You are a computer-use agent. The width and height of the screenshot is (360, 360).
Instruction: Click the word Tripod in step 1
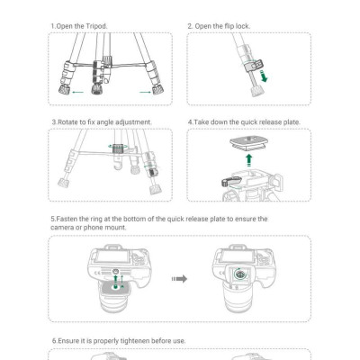(x=95, y=26)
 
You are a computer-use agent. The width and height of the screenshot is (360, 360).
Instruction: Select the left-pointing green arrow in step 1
(x=78, y=92)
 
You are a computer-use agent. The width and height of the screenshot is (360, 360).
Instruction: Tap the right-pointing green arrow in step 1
(x=145, y=92)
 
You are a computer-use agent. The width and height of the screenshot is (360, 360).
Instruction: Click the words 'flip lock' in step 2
(x=237, y=26)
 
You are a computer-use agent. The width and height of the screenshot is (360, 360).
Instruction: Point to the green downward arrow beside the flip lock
(x=264, y=76)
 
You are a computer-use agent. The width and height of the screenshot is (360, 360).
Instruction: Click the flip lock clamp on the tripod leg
(x=254, y=66)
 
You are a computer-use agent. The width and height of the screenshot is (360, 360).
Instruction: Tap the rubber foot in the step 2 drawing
(x=256, y=91)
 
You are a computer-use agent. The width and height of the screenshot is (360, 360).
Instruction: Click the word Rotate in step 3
(x=67, y=122)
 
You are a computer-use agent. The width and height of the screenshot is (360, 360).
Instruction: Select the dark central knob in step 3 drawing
(x=118, y=148)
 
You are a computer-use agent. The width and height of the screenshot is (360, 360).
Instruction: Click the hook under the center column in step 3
(x=119, y=164)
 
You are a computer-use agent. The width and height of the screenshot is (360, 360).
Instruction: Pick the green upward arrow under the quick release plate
(x=248, y=160)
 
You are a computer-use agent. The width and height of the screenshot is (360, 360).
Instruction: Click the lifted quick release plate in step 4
(x=248, y=144)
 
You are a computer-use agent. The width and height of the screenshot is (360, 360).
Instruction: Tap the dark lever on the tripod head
(x=231, y=181)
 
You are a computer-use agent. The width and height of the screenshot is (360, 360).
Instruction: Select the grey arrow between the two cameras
(x=179, y=279)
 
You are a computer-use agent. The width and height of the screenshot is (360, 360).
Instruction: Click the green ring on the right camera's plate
(x=239, y=274)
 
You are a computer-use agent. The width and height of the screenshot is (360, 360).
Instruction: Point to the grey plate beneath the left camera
(x=115, y=287)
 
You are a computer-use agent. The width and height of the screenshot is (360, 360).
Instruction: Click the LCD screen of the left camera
(x=112, y=257)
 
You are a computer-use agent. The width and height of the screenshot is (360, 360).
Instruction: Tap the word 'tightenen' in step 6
(x=135, y=341)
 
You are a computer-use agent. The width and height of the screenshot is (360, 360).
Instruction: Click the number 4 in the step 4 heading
(x=190, y=122)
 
